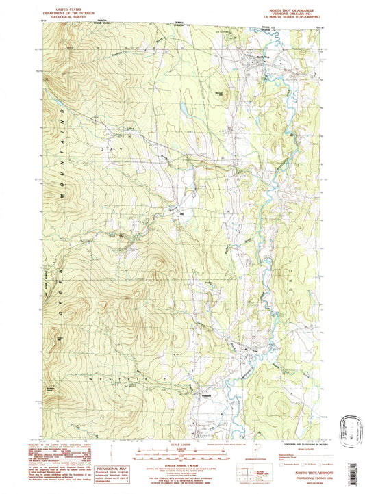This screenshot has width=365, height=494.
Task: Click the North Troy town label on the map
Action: (263, 57)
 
